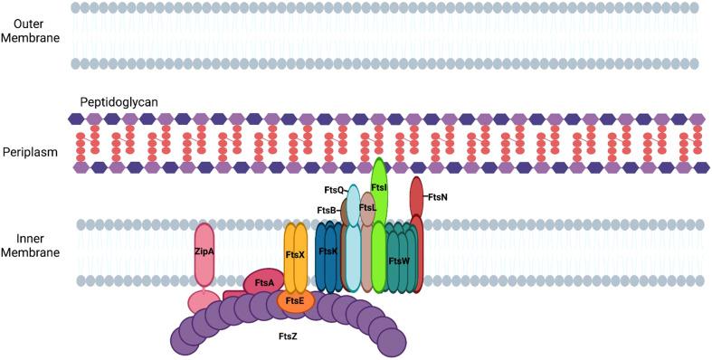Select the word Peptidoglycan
pos(119,102)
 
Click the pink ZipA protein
pos(204,252)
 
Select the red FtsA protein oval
pos(263,282)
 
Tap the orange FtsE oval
pos(295,300)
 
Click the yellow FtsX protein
pos(296,256)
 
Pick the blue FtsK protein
pos(328,253)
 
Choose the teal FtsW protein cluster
pos(400,260)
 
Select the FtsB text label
pos(328,211)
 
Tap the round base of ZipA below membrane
pos(204,301)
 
